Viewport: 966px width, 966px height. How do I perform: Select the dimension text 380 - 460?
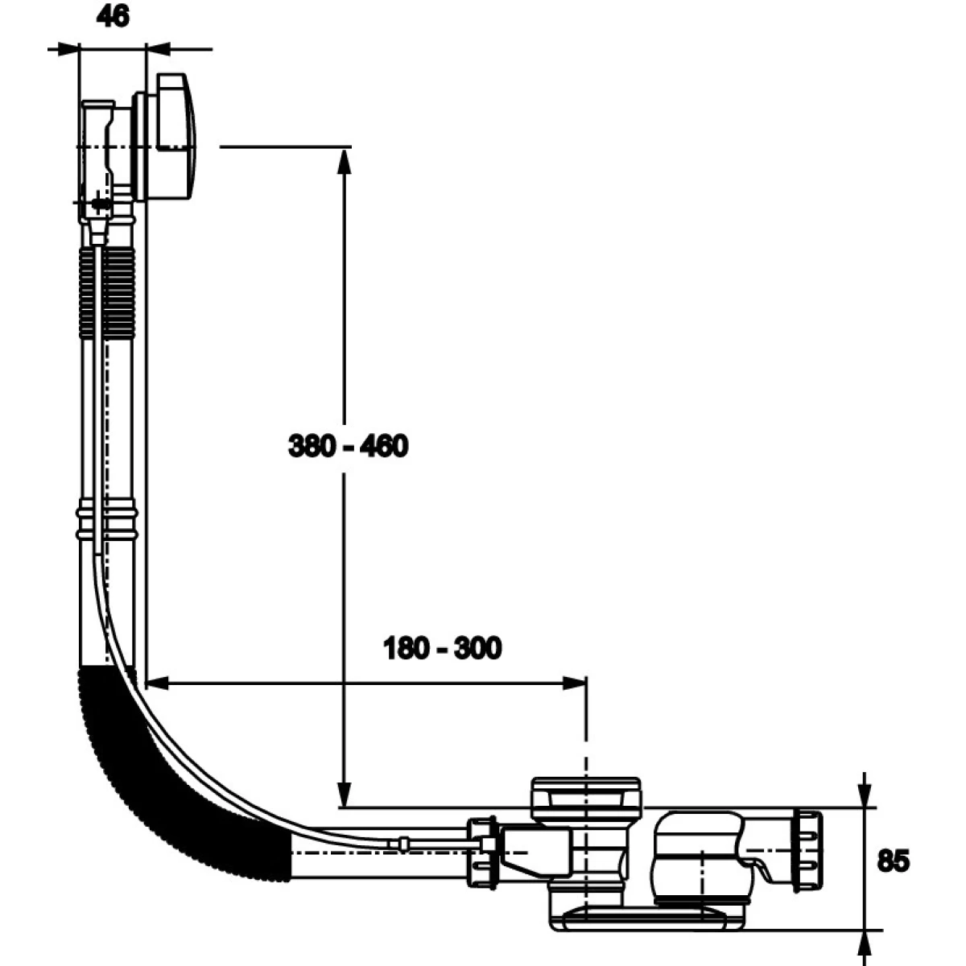coord(348,445)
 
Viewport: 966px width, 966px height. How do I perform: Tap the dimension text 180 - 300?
coord(442,647)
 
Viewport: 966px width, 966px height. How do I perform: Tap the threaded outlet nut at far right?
coord(807,850)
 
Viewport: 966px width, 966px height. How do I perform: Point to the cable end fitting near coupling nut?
coord(402,843)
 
